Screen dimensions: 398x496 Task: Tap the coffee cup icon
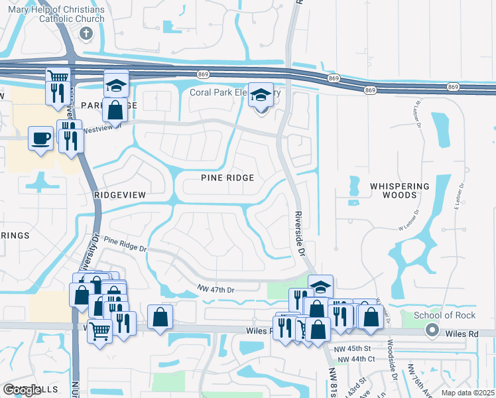(41, 139)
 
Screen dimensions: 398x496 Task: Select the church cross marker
(86, 33)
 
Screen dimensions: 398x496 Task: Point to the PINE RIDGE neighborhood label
(227, 178)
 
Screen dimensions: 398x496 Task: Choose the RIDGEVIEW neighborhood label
(119, 195)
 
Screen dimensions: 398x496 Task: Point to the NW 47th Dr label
(216, 290)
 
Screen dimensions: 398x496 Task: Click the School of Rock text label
(446, 315)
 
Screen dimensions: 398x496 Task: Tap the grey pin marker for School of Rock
(432, 329)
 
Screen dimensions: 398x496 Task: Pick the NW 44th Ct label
(356, 360)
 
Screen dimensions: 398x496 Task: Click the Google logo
(22, 390)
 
